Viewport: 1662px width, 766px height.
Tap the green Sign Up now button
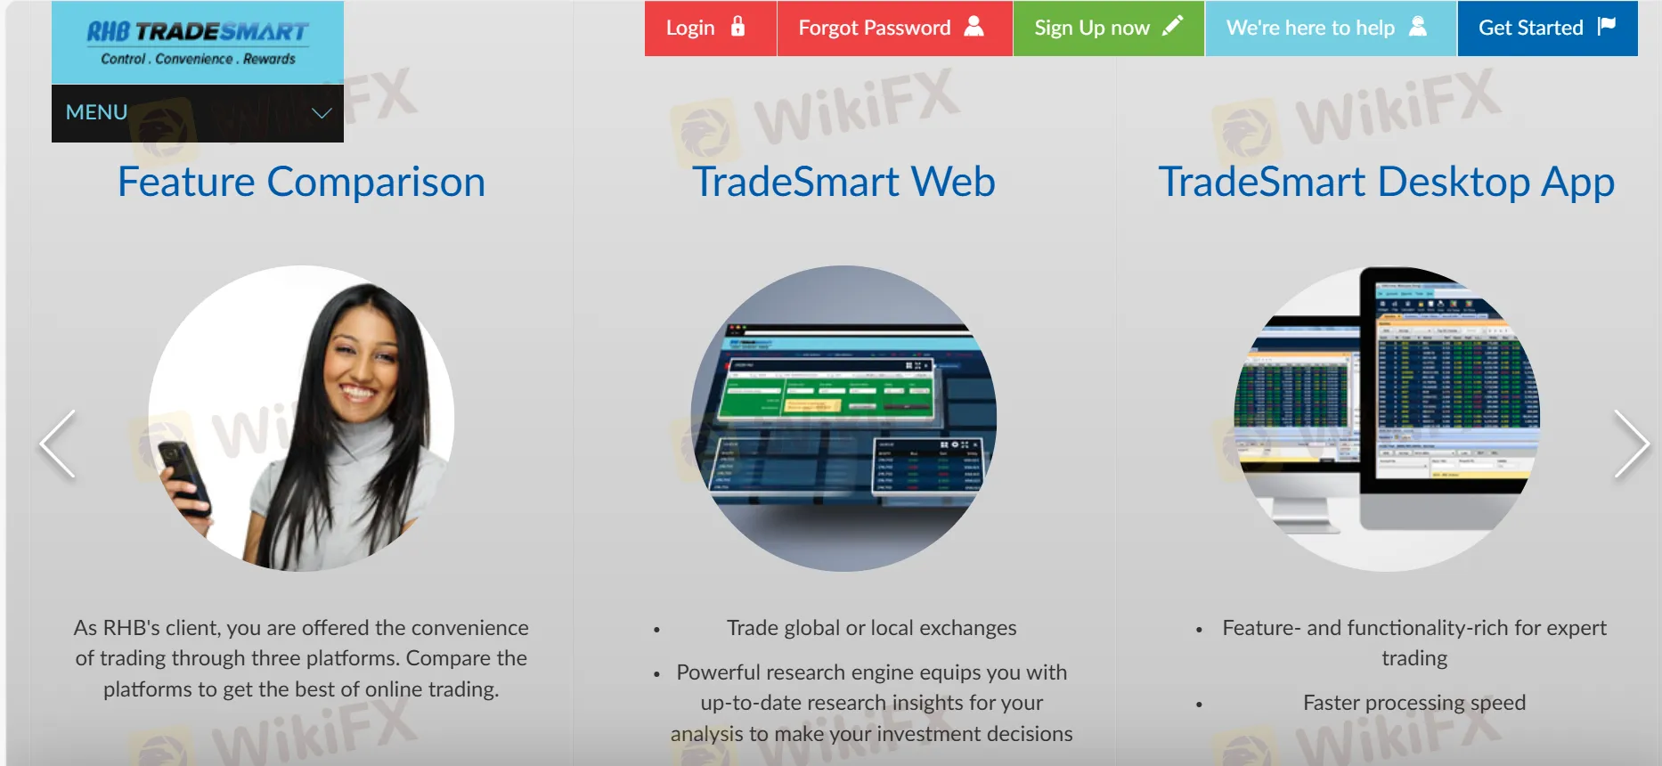1107,29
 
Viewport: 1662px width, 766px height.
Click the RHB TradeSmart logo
198,43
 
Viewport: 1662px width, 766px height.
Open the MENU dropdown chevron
322,113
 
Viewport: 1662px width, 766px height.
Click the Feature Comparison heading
301,182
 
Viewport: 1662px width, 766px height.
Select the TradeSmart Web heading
843,182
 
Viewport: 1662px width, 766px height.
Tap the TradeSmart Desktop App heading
1386,182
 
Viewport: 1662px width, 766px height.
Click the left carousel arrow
58,444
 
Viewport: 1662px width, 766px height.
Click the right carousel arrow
1631,444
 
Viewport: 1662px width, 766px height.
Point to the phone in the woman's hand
184,476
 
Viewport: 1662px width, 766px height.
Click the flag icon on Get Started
1607,27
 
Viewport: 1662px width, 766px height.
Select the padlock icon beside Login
737,27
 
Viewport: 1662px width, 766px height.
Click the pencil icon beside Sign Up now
1173,26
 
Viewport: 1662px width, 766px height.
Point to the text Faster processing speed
1414,703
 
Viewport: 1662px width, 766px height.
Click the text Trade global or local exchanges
871,628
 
